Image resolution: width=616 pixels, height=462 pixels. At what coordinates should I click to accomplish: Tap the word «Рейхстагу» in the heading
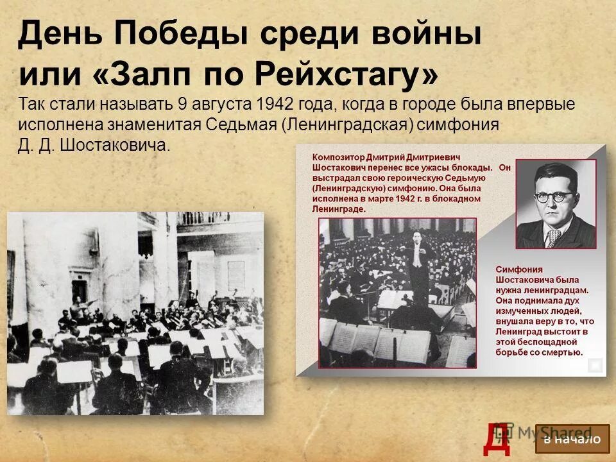(x=346, y=76)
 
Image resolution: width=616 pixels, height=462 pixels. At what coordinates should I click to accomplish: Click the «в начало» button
(x=572, y=439)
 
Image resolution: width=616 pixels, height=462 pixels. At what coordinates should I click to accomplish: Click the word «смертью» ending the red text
(x=563, y=352)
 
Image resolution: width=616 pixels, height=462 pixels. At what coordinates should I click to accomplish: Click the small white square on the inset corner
(x=595, y=366)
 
